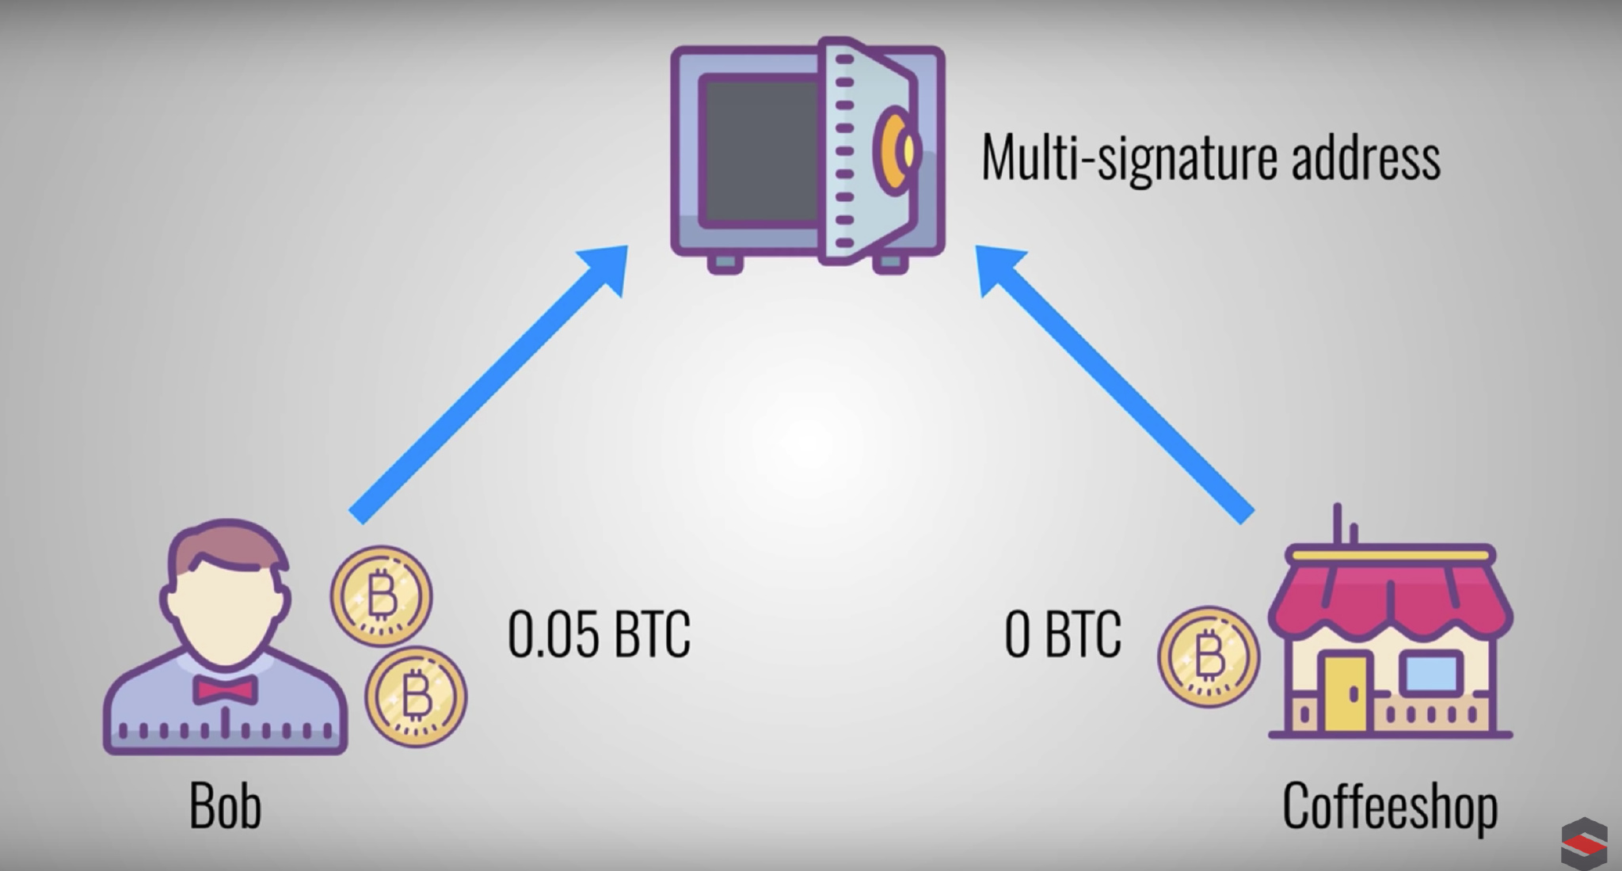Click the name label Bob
point(225,806)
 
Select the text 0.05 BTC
point(599,634)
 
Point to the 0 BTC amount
point(1062,634)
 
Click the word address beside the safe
point(1365,158)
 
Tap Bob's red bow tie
point(227,689)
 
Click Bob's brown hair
point(226,546)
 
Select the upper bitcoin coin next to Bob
point(381,596)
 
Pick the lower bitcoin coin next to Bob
point(415,697)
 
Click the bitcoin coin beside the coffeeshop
point(1208,656)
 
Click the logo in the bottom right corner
point(1583,844)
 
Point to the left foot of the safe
point(725,264)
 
